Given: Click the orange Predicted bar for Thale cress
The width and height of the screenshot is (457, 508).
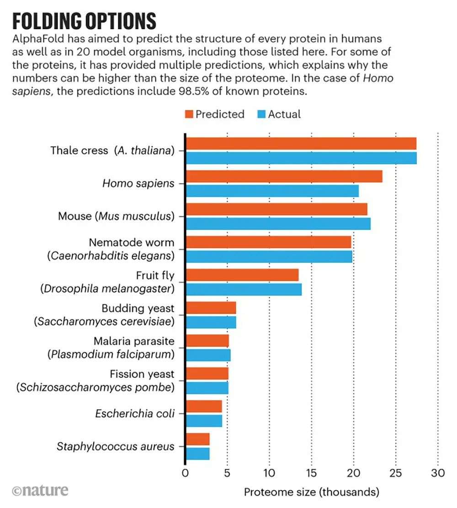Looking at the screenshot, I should point(301,143).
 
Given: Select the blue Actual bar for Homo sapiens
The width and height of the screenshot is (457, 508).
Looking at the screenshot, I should point(272,191).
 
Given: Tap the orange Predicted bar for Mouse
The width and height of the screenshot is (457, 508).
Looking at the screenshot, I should point(276,209).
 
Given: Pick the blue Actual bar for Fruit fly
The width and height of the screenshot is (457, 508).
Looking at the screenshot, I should point(243,289).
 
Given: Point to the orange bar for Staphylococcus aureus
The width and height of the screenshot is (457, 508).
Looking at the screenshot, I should point(197,439).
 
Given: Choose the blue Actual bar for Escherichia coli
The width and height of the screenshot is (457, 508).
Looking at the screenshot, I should point(203,421).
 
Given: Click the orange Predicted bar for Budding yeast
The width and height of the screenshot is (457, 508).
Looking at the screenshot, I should point(211,307).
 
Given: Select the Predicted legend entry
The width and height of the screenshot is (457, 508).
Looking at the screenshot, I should point(214,114).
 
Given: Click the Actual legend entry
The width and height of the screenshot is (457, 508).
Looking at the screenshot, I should point(279,114).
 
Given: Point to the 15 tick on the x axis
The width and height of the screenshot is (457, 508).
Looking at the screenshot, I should point(311,473).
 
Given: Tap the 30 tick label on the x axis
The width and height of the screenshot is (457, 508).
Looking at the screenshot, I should point(438,473).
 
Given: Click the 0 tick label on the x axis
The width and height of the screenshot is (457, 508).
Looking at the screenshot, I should point(185,473).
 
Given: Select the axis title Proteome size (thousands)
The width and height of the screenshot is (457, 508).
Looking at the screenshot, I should point(311,492).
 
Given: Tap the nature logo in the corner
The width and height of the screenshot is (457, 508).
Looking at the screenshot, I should point(40,491).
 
